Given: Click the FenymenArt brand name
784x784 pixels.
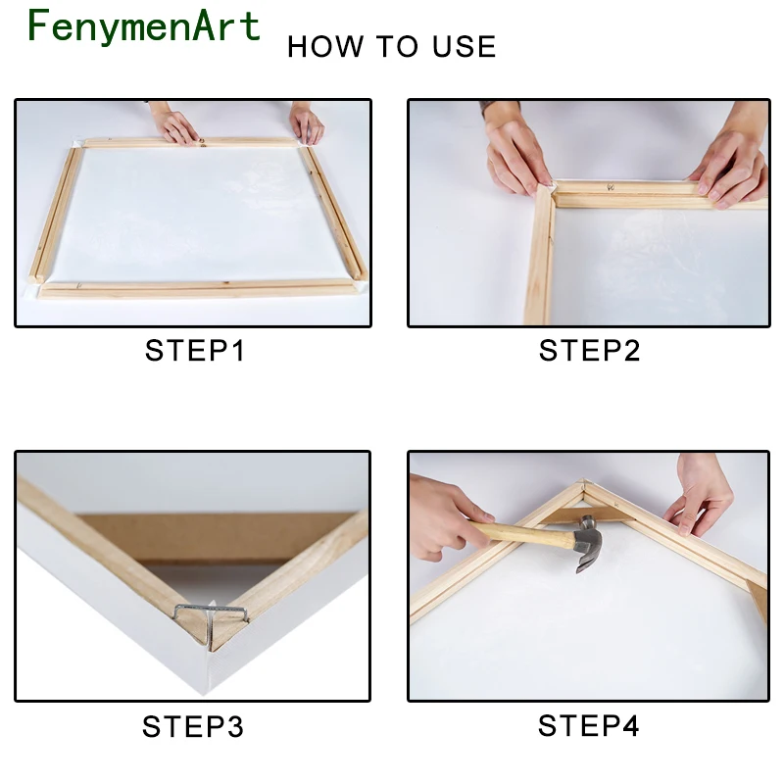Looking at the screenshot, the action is point(144,26).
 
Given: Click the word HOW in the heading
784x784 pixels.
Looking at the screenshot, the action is point(325,46).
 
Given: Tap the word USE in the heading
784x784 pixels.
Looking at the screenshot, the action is point(464,46).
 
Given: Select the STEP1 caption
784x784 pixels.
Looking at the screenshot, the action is point(194,350).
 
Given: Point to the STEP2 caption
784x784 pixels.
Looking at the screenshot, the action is point(589,350).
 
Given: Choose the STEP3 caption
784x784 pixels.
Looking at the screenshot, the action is point(193,726).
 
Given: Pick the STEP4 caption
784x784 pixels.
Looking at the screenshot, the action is point(589,725).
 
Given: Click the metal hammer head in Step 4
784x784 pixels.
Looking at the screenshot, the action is point(588,543).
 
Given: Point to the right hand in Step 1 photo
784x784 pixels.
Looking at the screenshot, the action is point(306,123).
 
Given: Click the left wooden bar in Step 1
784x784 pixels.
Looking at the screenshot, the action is point(56,214).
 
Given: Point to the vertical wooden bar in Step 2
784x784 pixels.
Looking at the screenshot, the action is point(539,255).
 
